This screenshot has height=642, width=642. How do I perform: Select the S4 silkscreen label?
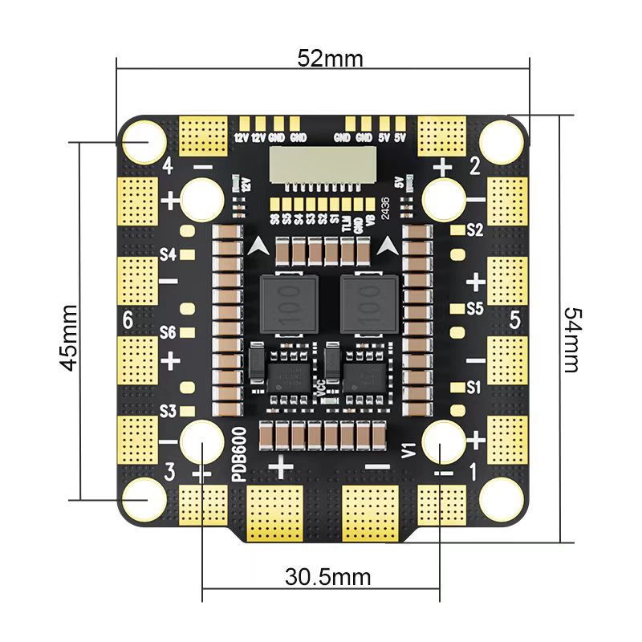pos(167,254)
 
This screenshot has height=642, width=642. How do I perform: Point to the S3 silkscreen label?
pos(167,411)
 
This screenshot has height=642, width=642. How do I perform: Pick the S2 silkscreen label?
pos(474,230)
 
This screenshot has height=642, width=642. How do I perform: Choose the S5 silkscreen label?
pos(474,308)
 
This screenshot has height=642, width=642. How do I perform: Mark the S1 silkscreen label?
pos(474,387)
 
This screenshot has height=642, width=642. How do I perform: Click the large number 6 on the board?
pos(128,319)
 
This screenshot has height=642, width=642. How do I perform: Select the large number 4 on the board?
pos(167,166)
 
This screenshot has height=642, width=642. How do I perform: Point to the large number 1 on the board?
pos(472,473)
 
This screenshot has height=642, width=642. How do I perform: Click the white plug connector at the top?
pos(321,165)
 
